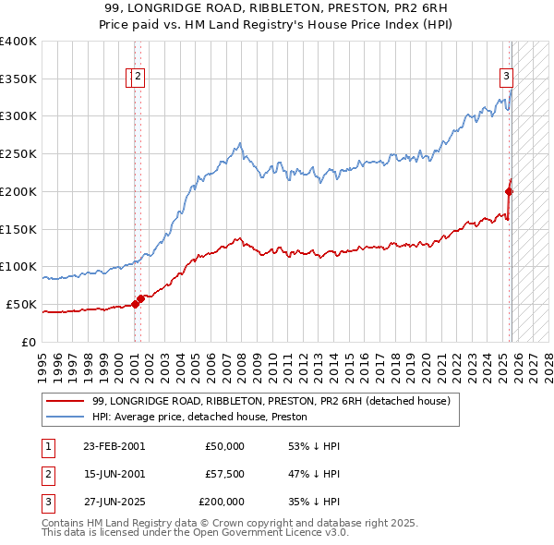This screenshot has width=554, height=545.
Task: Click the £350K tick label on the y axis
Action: [x=18, y=79]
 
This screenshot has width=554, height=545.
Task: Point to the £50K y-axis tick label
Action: [x=21, y=304]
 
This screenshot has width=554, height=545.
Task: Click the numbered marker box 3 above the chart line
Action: [x=507, y=77]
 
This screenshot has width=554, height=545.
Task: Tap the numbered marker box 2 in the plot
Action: [x=138, y=77]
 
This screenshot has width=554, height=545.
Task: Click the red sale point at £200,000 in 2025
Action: [x=509, y=191]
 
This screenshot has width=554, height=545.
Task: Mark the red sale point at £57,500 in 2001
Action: [x=139, y=298]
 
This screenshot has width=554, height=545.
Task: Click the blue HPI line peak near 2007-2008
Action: [x=240, y=143]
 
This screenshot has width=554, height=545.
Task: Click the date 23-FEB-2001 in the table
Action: [x=114, y=446]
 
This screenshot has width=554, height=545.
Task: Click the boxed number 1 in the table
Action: [x=46, y=446]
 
